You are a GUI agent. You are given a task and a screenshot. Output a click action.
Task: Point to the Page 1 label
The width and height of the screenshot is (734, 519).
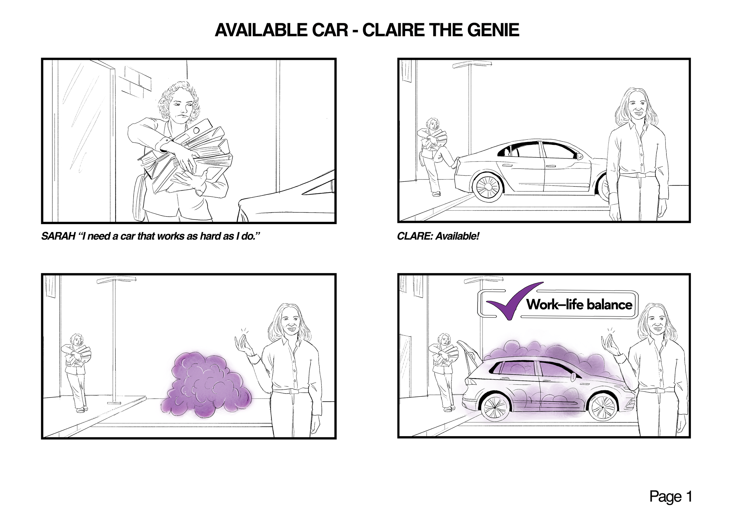tap(670, 497)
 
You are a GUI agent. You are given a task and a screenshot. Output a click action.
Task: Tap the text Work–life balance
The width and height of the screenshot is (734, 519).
tap(579, 304)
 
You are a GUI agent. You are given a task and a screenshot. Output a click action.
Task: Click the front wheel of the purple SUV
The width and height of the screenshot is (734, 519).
tap(602, 408)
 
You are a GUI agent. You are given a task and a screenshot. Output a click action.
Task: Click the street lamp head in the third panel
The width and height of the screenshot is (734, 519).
tap(116, 280)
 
